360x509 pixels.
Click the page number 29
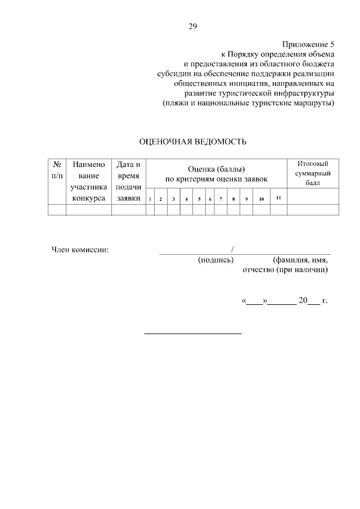(x=192, y=26)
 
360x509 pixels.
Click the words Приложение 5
(x=308, y=44)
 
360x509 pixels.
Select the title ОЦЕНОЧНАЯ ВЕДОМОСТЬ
(x=192, y=142)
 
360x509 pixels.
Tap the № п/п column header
(x=57, y=170)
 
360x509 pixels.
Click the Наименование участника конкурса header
(x=88, y=182)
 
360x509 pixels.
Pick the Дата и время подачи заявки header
(x=128, y=182)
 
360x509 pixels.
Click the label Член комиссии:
(x=80, y=250)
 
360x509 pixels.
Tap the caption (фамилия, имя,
(x=300, y=260)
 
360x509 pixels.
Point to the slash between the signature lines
(x=232, y=249)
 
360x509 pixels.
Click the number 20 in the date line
(x=303, y=301)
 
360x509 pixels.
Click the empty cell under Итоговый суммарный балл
(x=313, y=210)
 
